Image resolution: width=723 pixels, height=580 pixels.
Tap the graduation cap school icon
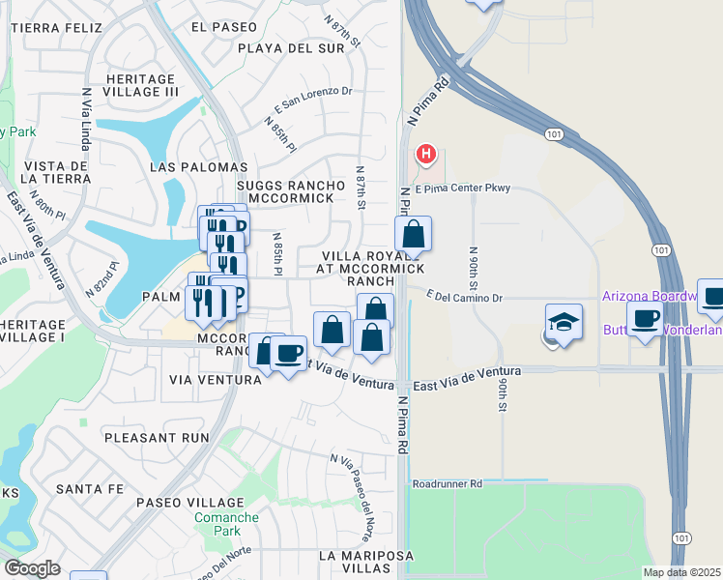coord(564,321)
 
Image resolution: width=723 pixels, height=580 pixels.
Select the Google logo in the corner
coord(32,568)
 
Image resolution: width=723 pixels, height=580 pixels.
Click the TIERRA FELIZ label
coord(56,28)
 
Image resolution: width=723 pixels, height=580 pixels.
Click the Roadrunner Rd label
coord(447,483)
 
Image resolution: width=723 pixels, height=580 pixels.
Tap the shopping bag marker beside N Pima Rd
coord(413,234)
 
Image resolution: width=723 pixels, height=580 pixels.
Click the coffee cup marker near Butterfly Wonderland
coord(645,318)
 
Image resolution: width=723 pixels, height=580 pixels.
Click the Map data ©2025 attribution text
coord(681,572)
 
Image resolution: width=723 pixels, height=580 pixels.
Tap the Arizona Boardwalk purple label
coord(650,295)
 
